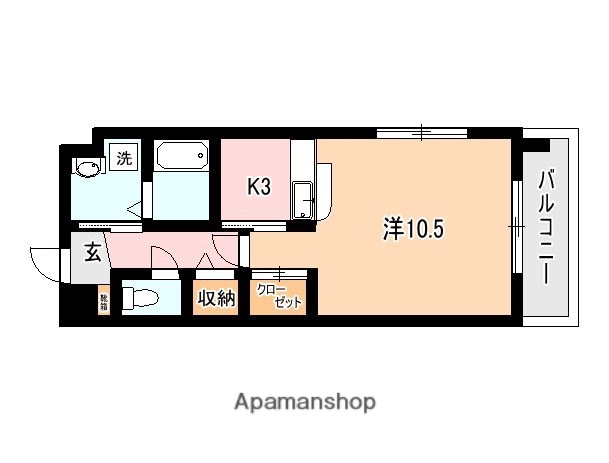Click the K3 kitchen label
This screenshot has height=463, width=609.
260,186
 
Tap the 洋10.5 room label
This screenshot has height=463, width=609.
412,228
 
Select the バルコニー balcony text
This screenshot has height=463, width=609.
547,228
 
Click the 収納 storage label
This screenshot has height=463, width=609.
215,298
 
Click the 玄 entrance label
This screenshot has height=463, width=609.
92,254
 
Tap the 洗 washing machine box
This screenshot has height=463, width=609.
125,157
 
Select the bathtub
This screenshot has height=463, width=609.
181,157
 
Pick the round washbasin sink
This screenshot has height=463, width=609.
88,168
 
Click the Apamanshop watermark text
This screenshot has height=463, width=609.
305,403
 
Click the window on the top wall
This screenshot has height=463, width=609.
422,131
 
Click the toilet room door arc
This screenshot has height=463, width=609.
162,258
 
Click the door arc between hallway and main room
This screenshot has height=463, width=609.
228,250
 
